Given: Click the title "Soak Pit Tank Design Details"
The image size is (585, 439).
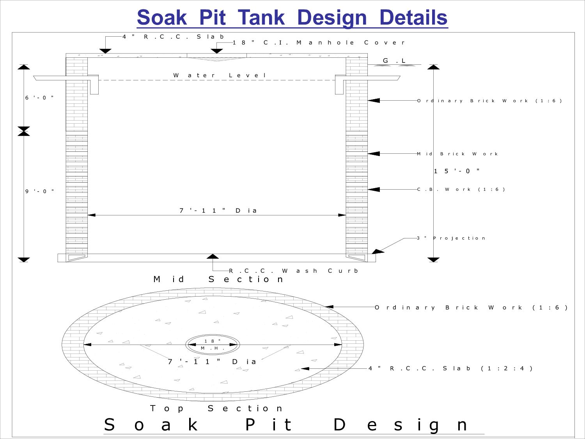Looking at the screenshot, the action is pyautogui.click(x=292, y=18).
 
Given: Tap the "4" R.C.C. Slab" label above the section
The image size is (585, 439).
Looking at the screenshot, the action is pyautogui.click(x=173, y=37).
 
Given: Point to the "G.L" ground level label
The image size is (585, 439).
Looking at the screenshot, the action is pyautogui.click(x=394, y=60).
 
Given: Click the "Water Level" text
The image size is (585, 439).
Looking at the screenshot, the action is pyautogui.click(x=220, y=75).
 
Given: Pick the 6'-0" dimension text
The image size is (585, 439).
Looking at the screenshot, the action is pyautogui.click(x=39, y=98).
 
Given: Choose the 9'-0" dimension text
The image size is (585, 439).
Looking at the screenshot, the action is pyautogui.click(x=39, y=191).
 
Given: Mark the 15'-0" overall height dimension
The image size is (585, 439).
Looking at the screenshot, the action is pyautogui.click(x=457, y=171).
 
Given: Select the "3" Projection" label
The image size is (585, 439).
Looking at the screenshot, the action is pyautogui.click(x=451, y=238).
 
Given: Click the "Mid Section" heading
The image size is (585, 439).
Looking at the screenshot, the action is pyautogui.click(x=218, y=279).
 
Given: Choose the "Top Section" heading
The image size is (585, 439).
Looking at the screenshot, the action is pyautogui.click(x=216, y=409).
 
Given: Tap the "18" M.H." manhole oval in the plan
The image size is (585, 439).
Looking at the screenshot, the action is pyautogui.click(x=213, y=345).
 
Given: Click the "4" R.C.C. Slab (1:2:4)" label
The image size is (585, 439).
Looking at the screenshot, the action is pyautogui.click(x=450, y=368).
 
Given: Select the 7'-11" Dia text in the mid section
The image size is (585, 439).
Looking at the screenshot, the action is pyautogui.click(x=218, y=211).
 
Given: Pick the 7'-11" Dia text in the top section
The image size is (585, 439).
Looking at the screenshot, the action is pyautogui.click(x=212, y=362).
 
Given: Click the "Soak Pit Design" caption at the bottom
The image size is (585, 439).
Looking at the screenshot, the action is pyautogui.click(x=285, y=425).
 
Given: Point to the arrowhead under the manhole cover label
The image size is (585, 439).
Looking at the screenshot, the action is pyautogui.click(x=216, y=51).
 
